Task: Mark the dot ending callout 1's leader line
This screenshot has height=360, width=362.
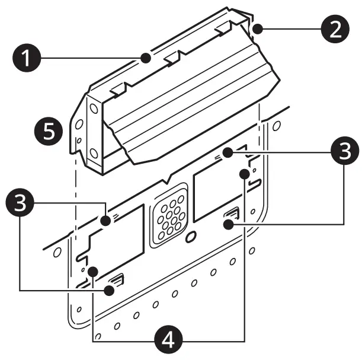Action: tap(145, 58)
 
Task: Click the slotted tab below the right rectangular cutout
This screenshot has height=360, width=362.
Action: tap(230, 219)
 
